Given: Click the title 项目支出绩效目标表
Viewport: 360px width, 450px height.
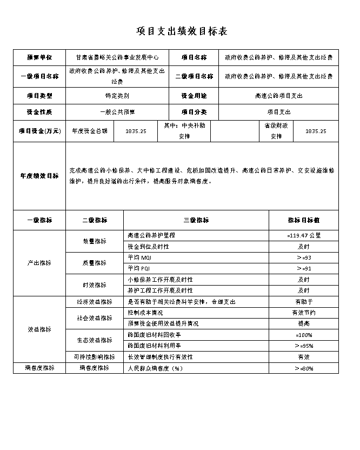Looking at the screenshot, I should tap(182, 31).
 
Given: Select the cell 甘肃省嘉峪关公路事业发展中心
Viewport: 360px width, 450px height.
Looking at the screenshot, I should tap(117, 57).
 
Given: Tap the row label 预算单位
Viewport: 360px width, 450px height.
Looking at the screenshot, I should tap(39, 57).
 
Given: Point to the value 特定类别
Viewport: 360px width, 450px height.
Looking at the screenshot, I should tap(117, 96).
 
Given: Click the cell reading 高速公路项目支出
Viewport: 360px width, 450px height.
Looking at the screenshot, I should tap(278, 96).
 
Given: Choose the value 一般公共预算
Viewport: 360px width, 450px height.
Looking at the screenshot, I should tap(117, 112).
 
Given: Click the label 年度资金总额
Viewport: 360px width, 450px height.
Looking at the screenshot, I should tap(90, 131).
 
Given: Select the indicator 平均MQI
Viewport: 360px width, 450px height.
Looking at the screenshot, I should tap(139, 257).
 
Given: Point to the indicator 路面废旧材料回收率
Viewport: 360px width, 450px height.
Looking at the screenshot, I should tap(154, 335).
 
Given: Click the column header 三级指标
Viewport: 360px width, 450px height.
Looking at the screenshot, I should tap(196, 220).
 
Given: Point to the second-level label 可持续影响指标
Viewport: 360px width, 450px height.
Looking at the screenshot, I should tap(95, 357).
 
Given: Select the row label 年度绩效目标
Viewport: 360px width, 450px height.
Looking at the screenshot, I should tap(39, 176).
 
